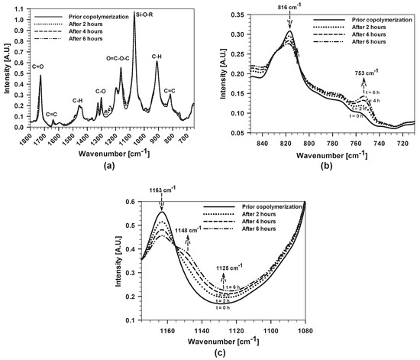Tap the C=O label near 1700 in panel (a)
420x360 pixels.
point(34,66)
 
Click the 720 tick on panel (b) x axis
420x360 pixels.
point(399,142)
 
